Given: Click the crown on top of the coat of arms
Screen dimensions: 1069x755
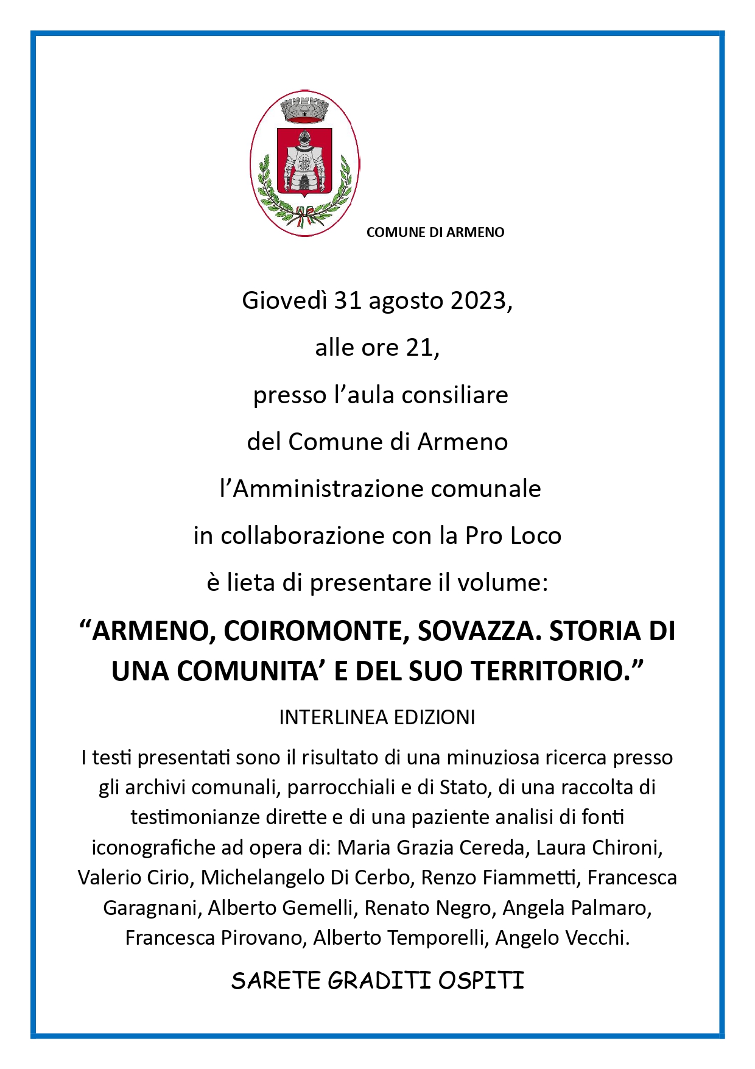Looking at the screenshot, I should pyautogui.click(x=304, y=110).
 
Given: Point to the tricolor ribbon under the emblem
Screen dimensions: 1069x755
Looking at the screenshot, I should pyautogui.click(x=304, y=218).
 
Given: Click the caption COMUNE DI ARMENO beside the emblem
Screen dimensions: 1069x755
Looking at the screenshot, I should pyautogui.click(x=435, y=232).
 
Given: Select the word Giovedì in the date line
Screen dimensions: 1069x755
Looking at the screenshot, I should pyautogui.click(x=284, y=300).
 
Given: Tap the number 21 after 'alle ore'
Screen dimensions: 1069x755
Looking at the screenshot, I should pyautogui.click(x=420, y=347).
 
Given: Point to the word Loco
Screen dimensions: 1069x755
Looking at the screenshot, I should pyautogui.click(x=536, y=535).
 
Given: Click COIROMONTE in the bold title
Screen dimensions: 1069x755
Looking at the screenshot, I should pyautogui.click(x=315, y=631).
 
